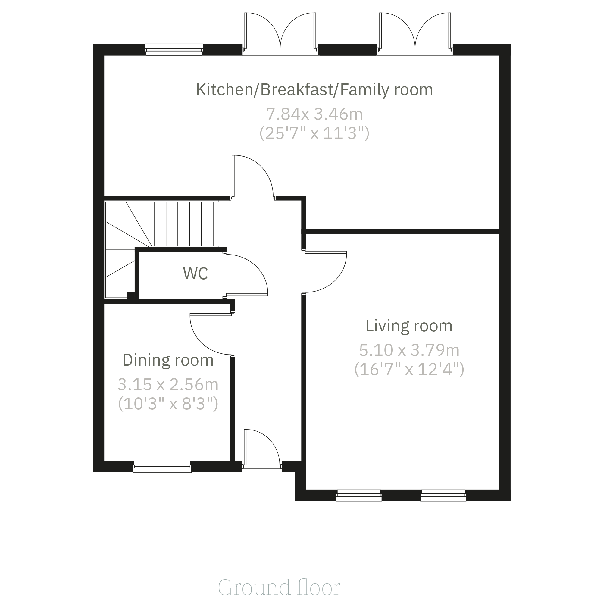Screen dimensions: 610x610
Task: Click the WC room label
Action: [x=196, y=274]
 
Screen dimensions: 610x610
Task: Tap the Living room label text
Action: [x=409, y=326]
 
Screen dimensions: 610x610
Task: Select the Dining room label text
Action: [x=168, y=360]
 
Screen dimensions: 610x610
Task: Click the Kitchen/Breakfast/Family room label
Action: [x=314, y=90]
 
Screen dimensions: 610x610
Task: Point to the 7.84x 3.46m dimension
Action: [x=314, y=114]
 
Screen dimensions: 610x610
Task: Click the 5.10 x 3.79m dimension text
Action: [x=409, y=350]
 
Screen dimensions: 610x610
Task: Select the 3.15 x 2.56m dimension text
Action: [x=168, y=385]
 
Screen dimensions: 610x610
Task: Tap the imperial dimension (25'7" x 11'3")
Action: [x=314, y=133]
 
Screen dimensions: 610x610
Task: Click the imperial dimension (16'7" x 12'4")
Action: [x=409, y=369]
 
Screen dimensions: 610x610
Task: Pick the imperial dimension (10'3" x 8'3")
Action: [x=168, y=404]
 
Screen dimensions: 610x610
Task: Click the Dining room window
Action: [x=162, y=467]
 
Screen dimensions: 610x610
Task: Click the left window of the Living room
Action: [x=359, y=495]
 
